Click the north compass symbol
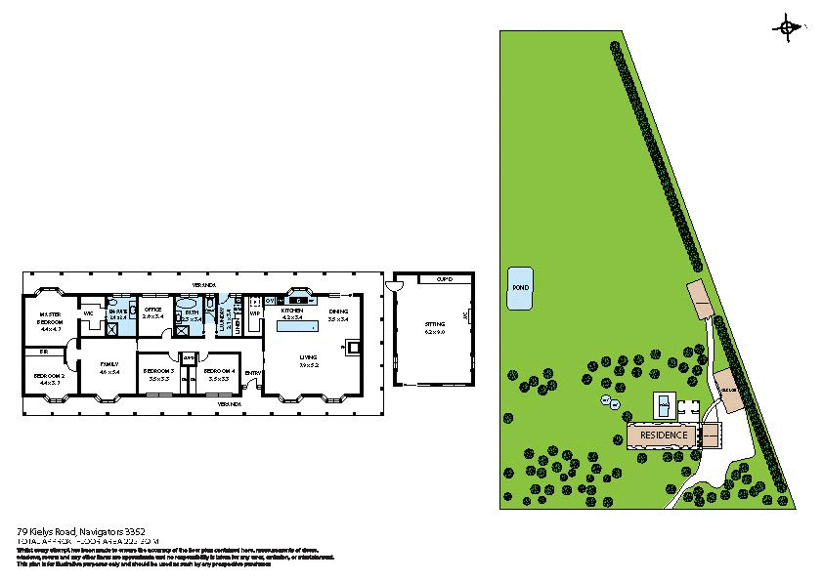coord(788,28)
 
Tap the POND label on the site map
coord(521,288)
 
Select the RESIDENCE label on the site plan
coord(664,435)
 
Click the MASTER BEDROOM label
coord(50,318)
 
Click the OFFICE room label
coord(152,311)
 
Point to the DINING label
coord(339,312)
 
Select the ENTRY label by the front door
coord(253,372)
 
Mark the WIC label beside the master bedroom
coord(88,313)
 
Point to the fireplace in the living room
coord(354,346)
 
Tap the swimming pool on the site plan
coord(664,403)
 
